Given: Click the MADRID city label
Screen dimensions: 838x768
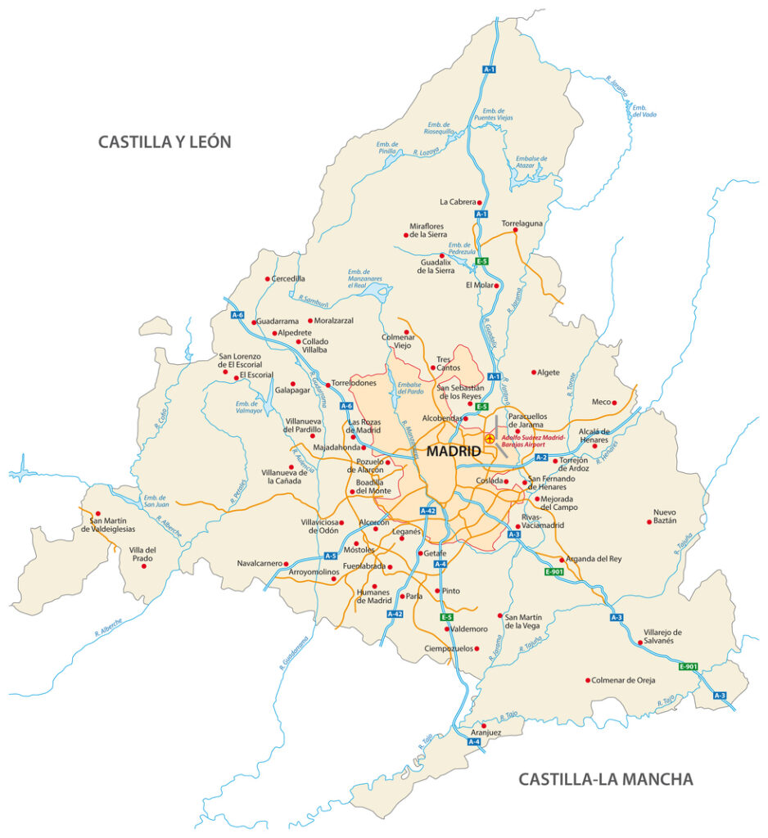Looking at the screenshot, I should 453,451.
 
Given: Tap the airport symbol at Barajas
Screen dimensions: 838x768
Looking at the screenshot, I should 490,439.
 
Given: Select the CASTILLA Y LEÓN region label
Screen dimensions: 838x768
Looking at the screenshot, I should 165,142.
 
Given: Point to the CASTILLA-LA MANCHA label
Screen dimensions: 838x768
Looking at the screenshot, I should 605,779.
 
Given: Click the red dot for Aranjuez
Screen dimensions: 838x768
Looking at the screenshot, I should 484,725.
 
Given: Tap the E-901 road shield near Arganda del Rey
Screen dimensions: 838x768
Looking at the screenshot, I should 554,571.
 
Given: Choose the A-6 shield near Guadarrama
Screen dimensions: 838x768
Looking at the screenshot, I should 237,314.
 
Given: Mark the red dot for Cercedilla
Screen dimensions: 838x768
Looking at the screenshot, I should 267,279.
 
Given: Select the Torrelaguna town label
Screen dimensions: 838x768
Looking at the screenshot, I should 522,222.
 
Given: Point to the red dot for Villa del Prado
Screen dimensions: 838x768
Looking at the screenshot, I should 144,566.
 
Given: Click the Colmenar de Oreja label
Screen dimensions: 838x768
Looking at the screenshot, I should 623,680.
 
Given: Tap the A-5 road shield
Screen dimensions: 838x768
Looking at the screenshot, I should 330,556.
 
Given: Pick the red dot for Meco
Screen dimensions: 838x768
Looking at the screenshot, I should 614,402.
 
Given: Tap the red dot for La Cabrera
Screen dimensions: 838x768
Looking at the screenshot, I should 481,202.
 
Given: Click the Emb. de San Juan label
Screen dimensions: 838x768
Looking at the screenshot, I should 155,501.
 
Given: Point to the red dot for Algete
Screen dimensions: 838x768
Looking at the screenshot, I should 534,372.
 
